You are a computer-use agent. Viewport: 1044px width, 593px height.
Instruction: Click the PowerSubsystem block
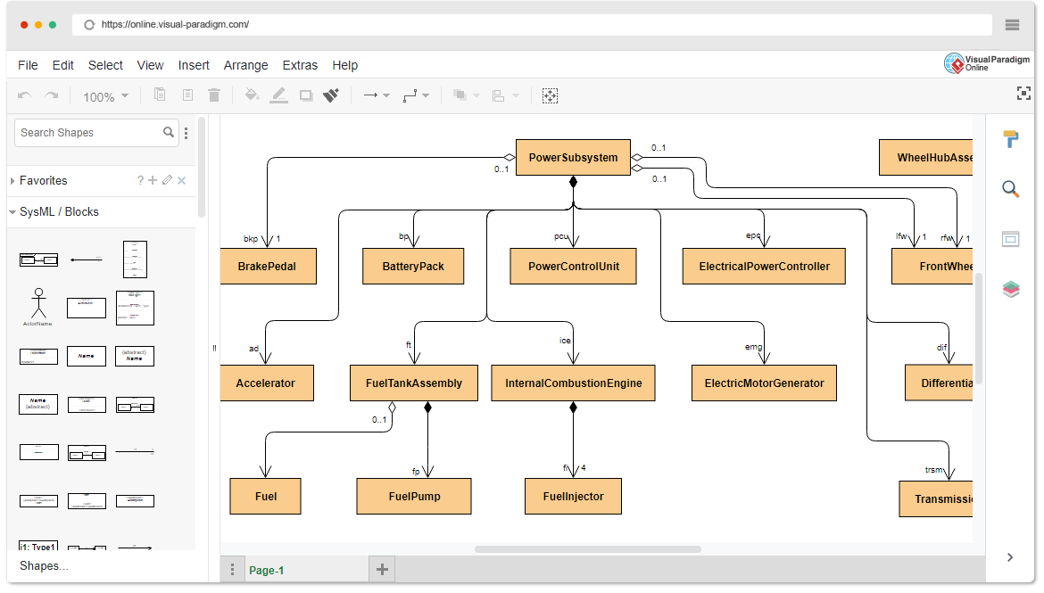(x=573, y=158)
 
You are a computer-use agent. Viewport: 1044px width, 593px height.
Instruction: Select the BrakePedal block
(x=268, y=267)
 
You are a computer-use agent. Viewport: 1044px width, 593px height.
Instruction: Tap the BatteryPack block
(x=413, y=267)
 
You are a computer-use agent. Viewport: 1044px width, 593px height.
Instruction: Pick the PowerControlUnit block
(x=573, y=267)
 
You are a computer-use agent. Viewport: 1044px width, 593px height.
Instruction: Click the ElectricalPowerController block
(x=764, y=267)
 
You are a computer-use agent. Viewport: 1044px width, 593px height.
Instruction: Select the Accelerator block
(x=266, y=383)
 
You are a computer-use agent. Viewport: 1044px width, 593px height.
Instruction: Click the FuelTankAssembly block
(x=414, y=383)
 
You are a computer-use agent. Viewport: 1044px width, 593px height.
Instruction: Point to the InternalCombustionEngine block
(x=574, y=383)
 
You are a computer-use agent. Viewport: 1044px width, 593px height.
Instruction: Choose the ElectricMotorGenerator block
(x=764, y=383)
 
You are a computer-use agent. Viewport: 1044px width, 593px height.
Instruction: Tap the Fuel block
(x=266, y=497)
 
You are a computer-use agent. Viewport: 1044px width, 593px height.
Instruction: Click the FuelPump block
(x=414, y=497)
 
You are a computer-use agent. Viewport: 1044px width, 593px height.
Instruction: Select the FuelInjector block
(x=573, y=497)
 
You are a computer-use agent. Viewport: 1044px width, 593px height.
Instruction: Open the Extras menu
(x=300, y=65)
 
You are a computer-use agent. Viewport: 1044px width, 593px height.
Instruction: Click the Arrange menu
(x=245, y=65)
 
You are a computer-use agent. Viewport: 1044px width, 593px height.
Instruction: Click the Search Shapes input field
(x=89, y=133)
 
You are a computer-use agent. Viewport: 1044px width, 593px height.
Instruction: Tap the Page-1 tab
(x=267, y=571)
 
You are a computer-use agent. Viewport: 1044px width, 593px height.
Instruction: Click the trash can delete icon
(x=214, y=95)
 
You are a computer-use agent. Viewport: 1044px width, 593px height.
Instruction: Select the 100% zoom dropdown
(x=105, y=96)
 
